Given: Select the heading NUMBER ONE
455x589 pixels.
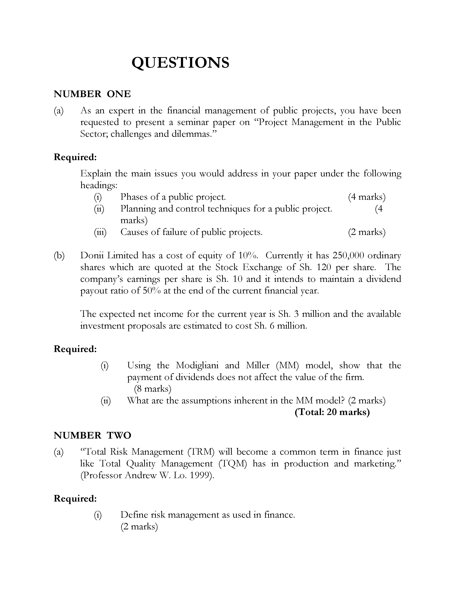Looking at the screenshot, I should tap(92, 94).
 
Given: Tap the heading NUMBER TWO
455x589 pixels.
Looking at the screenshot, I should tap(92, 435).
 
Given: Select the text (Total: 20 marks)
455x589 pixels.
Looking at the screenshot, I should tap(332, 412).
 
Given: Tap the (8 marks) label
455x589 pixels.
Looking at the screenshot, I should tap(153, 389).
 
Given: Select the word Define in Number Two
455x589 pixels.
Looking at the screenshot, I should tap(134, 515).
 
